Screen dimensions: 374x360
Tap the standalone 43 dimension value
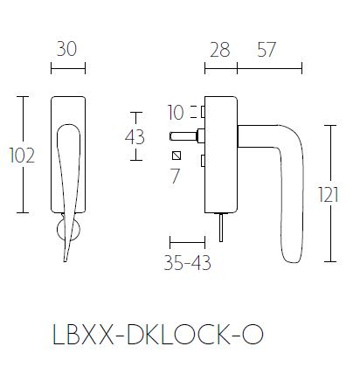[135, 136]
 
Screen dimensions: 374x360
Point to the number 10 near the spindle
[175, 112]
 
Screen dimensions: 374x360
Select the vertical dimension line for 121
[329, 193]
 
